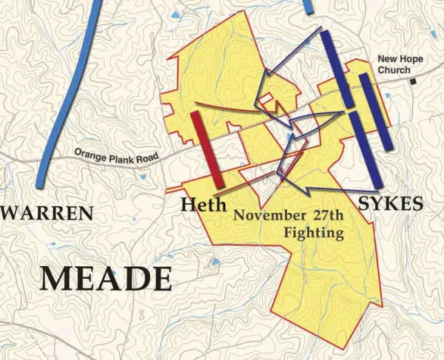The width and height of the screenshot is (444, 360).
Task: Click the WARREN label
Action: pyautogui.click(x=48, y=214)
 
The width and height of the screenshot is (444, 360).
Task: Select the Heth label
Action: pyautogui.click(x=203, y=205)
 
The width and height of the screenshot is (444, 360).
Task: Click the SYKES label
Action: pyautogui.click(x=390, y=203)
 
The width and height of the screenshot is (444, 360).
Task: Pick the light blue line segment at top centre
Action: pyautogui.click(x=307, y=6)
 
